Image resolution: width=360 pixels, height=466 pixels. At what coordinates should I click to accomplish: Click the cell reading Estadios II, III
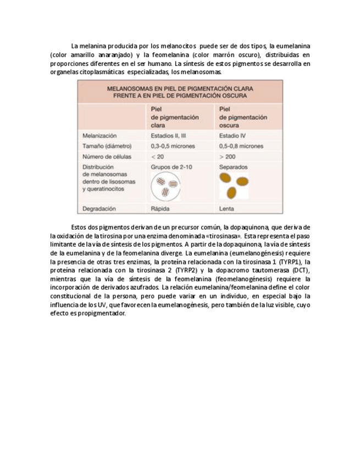tap(169, 135)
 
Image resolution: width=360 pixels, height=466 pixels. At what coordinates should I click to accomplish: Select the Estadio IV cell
tap(232, 135)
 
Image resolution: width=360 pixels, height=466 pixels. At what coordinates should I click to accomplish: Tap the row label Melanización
tap(99, 135)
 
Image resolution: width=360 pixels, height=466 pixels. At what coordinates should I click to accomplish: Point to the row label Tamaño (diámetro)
tap(107, 146)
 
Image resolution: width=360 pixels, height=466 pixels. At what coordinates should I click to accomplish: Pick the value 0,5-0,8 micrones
tap(241, 146)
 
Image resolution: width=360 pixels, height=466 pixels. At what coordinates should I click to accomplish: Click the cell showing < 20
tap(157, 157)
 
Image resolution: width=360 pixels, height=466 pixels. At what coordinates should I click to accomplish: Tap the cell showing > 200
tap(228, 157)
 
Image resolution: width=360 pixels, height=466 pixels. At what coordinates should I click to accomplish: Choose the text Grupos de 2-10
tap(171, 167)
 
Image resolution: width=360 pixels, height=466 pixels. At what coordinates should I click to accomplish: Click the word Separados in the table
tap(234, 167)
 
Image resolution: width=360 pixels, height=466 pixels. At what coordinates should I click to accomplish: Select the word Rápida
tap(160, 209)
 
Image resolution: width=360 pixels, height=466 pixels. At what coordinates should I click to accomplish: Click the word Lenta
tap(226, 209)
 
